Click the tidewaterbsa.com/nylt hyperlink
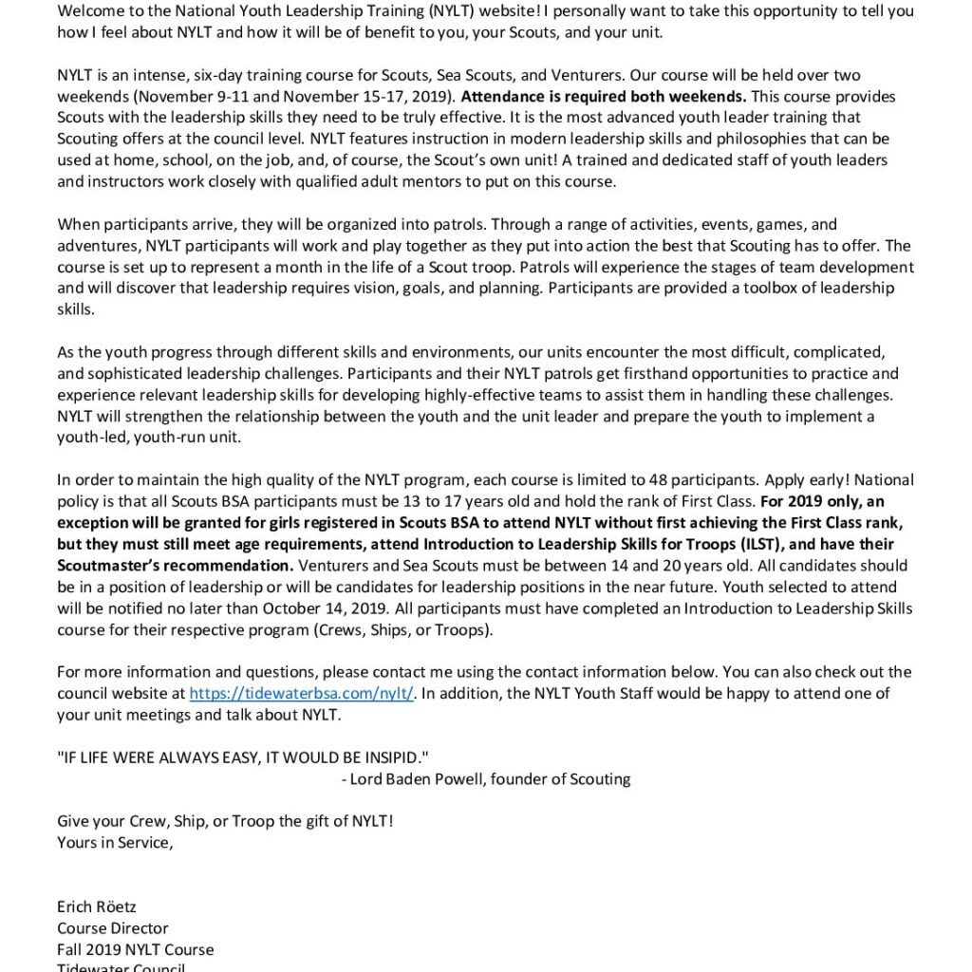(301, 693)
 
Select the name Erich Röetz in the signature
(96, 907)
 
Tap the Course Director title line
(112, 928)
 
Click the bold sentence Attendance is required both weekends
(604, 97)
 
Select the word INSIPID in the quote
(391, 757)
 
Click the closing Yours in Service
(115, 842)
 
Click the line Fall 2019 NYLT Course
(135, 949)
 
